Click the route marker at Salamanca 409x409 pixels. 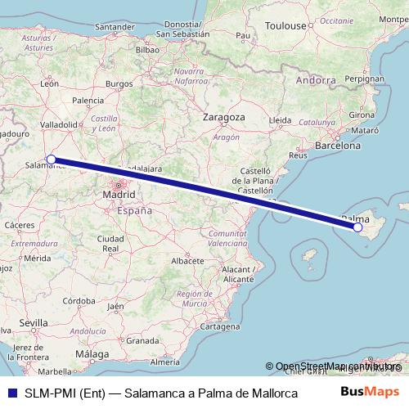tap(51, 160)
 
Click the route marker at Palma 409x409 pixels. tap(357, 227)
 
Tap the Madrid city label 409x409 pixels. tap(119, 195)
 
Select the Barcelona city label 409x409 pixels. tap(338, 146)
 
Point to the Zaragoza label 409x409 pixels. tap(224, 118)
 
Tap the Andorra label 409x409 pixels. tap(316, 80)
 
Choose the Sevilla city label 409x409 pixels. tap(34, 323)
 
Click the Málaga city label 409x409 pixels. tap(92, 353)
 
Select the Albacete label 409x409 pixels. tap(187, 260)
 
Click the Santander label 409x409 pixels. tap(114, 26)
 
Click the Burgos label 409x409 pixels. tap(119, 83)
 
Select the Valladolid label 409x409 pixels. tap(58, 124)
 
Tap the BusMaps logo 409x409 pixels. tap(371, 392)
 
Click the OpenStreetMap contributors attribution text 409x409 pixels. tap(337, 366)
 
